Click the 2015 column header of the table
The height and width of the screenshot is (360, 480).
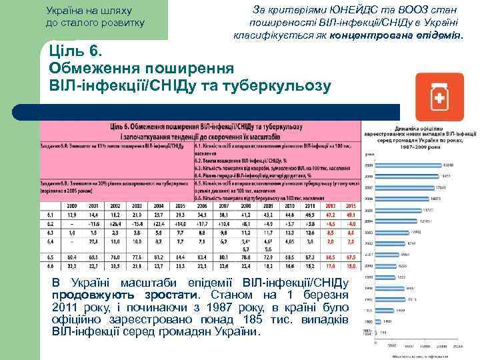(x=350, y=206)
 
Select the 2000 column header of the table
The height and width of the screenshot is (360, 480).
(x=72, y=206)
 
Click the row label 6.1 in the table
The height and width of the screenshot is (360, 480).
(x=51, y=215)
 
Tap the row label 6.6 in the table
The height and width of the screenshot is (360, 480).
(x=51, y=265)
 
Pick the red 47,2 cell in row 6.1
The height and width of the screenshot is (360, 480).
(x=329, y=215)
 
